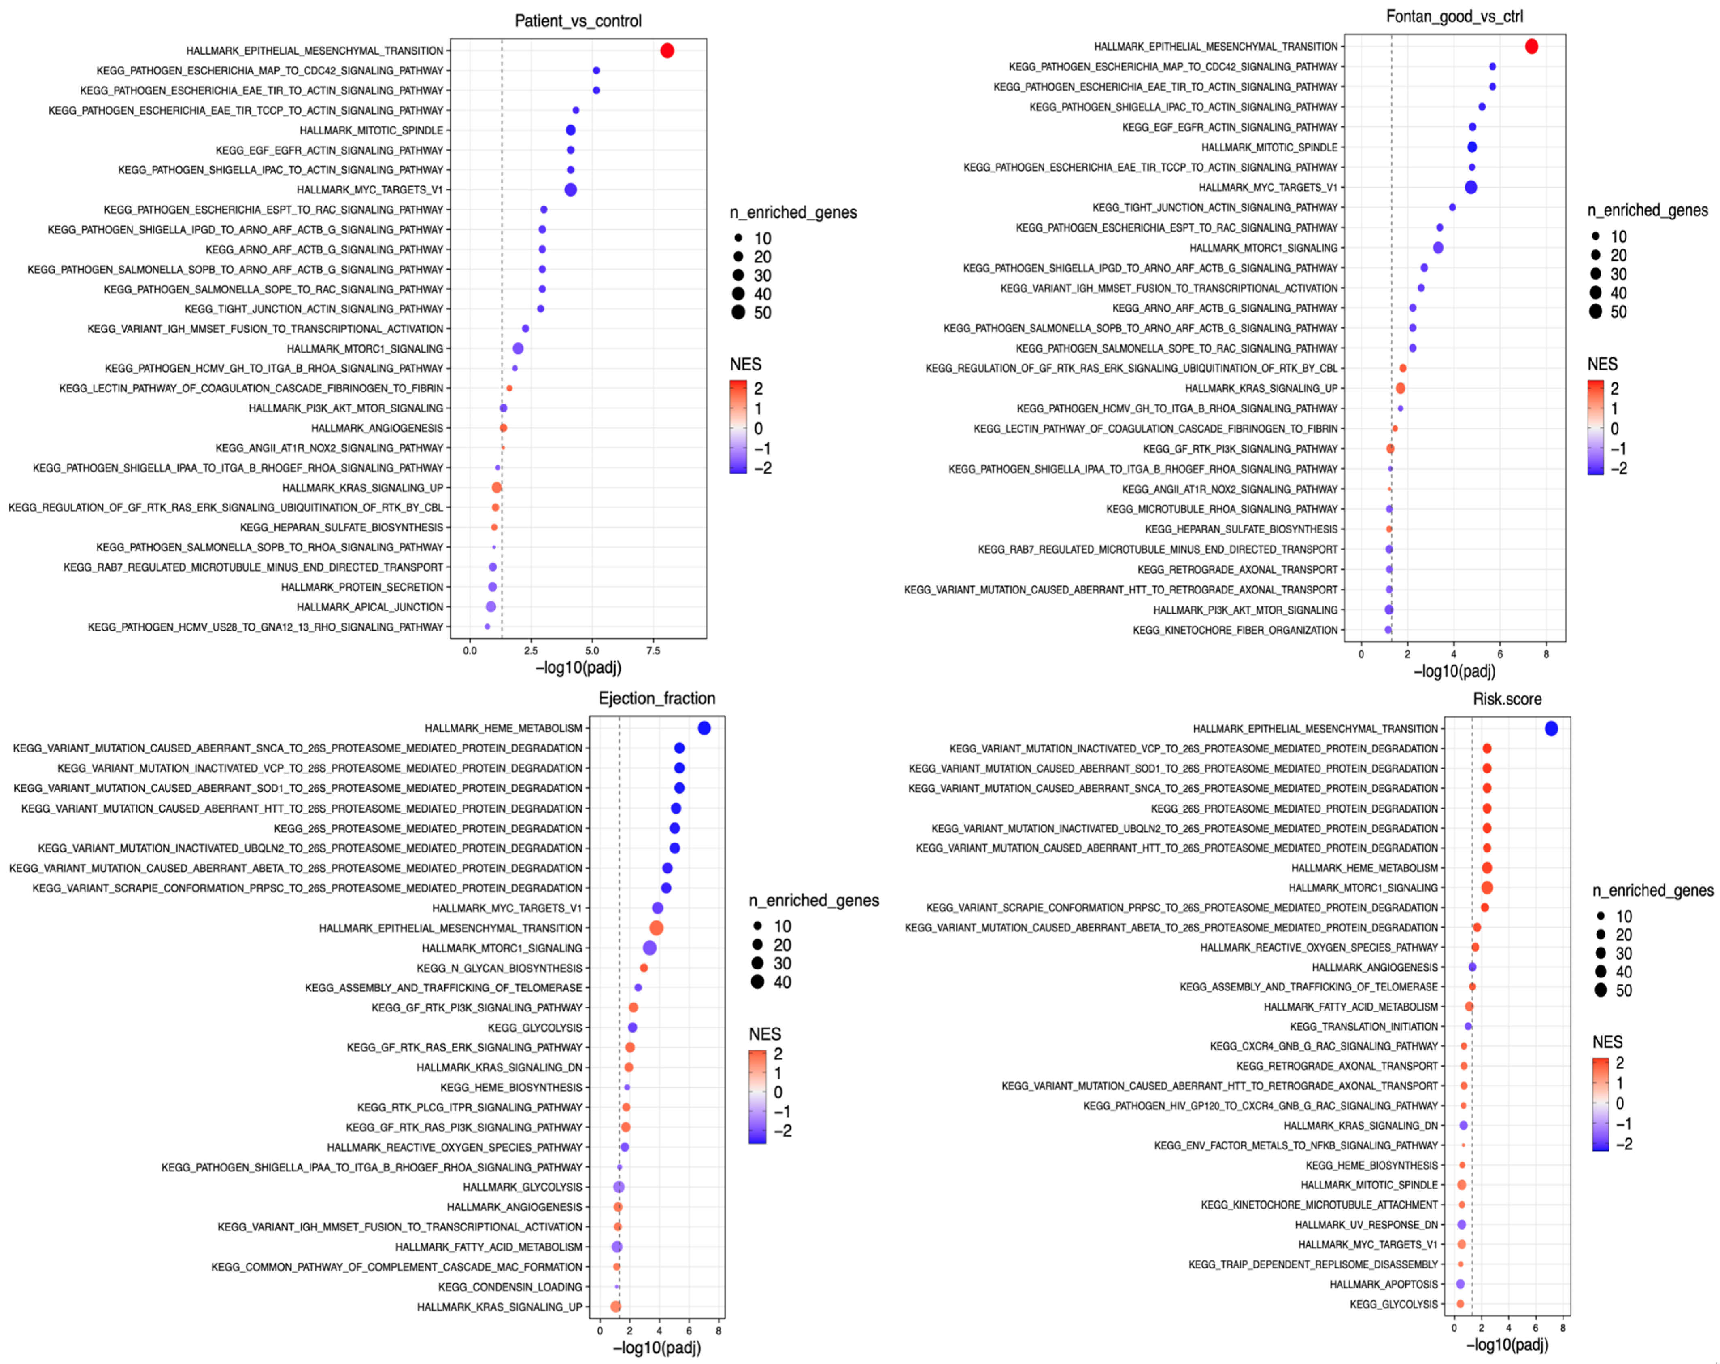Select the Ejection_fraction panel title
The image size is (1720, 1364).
click(x=657, y=699)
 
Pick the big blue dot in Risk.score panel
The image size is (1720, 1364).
click(x=1551, y=728)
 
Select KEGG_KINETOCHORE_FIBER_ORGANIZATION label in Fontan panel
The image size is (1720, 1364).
click(x=1235, y=630)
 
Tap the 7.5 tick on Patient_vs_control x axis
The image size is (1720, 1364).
click(x=653, y=651)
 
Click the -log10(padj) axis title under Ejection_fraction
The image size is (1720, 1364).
click(x=657, y=1348)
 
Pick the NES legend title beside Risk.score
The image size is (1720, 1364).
click(x=1607, y=1042)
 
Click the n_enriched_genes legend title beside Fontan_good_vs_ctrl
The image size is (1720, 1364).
click(x=1648, y=210)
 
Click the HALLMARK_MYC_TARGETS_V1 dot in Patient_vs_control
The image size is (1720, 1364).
click(x=570, y=190)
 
